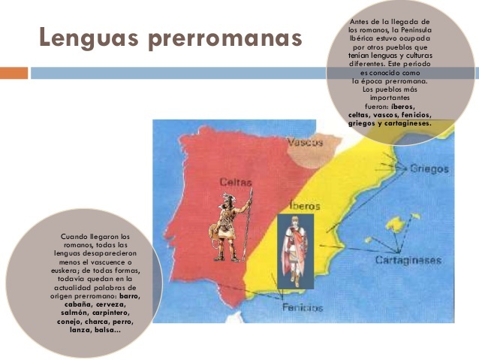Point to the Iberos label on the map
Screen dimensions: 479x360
point(304,205)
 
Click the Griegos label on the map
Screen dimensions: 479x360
point(429,169)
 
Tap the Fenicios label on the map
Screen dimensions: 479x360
point(303,308)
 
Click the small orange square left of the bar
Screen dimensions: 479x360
point(13,73)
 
